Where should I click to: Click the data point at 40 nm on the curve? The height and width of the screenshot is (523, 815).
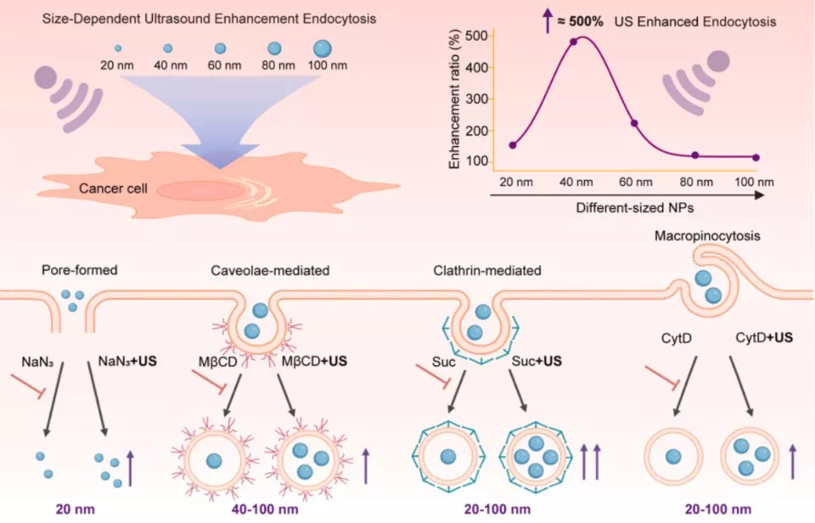(x=573, y=42)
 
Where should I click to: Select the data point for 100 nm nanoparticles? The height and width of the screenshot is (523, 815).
(x=756, y=158)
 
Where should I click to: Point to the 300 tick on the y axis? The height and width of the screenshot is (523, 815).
(x=477, y=98)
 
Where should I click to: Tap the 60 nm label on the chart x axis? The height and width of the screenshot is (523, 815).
(x=635, y=182)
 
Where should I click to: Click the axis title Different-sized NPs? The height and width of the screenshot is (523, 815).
(x=635, y=208)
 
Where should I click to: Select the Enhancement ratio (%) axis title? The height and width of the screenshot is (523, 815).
(x=454, y=99)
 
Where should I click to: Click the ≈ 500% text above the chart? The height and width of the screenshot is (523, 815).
(x=580, y=22)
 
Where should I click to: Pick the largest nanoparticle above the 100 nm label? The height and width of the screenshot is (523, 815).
(x=323, y=48)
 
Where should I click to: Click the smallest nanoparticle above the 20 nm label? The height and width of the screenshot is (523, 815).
(x=118, y=48)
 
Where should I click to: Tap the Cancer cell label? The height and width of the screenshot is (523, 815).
(x=113, y=188)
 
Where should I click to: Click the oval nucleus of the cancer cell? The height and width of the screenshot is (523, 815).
(x=200, y=191)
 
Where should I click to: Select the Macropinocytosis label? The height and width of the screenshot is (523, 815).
(x=707, y=235)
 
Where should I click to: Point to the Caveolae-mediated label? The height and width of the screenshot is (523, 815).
(x=270, y=270)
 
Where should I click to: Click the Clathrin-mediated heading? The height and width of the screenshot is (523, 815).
(x=487, y=270)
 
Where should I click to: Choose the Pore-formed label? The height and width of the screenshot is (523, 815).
(x=80, y=270)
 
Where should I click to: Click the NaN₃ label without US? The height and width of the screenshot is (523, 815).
(x=37, y=362)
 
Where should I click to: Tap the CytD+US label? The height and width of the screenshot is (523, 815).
(x=764, y=337)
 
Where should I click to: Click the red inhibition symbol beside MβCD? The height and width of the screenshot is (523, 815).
(x=209, y=380)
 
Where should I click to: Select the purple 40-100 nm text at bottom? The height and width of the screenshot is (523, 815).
(x=265, y=509)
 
